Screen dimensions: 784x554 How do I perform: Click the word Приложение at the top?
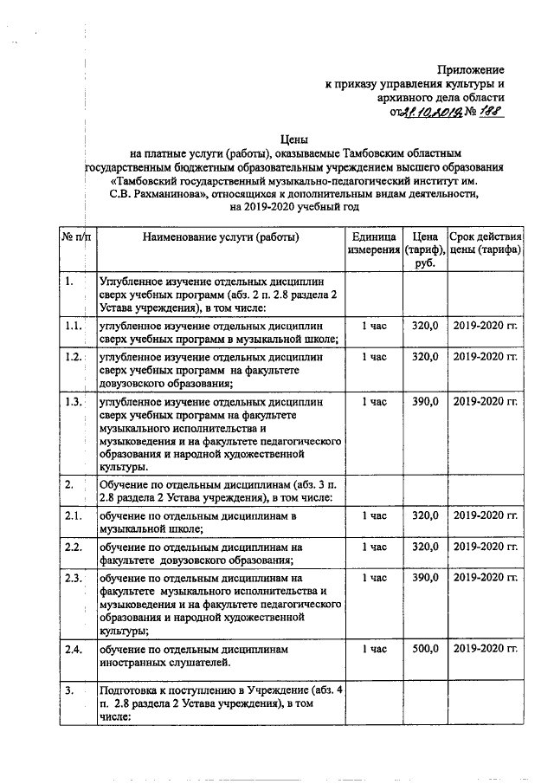[471, 68]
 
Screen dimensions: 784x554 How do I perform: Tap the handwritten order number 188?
[490, 112]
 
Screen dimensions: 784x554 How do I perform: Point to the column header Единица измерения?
[374, 244]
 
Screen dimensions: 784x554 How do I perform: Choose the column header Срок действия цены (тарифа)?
[486, 244]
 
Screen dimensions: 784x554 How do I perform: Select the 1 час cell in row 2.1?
[374, 517]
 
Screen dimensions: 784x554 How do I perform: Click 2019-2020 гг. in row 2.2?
[486, 548]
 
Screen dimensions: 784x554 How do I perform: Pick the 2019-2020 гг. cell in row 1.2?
[486, 357]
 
